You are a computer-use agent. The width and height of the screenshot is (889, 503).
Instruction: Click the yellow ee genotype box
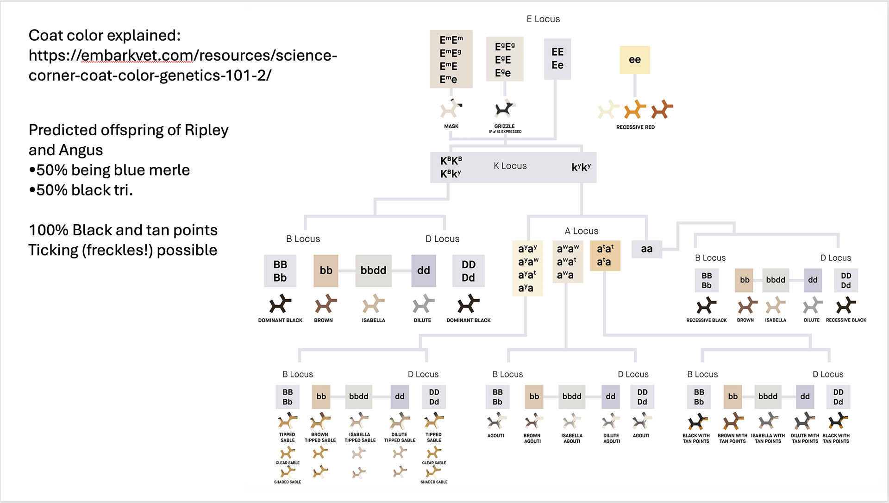pyautogui.click(x=634, y=60)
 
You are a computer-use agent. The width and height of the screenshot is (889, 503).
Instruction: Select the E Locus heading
pyautogui.click(x=543, y=19)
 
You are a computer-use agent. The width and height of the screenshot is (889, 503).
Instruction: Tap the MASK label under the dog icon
pyautogui.click(x=451, y=126)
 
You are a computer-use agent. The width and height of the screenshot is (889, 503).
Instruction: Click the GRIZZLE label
pyautogui.click(x=504, y=126)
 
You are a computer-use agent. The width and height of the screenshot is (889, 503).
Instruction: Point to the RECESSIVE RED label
pyautogui.click(x=635, y=127)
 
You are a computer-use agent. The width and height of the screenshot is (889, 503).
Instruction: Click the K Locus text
pyautogui.click(x=510, y=166)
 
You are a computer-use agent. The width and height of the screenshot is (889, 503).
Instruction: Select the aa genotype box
pyautogui.click(x=646, y=249)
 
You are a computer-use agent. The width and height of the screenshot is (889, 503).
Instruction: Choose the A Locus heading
pyautogui.click(x=581, y=231)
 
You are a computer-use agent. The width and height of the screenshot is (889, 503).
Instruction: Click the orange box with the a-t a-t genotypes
pyautogui.click(x=605, y=255)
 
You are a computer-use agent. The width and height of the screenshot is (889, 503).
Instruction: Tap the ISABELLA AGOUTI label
pyautogui.click(x=572, y=438)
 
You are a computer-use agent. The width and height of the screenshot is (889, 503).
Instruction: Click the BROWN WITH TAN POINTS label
pyautogui.click(x=732, y=438)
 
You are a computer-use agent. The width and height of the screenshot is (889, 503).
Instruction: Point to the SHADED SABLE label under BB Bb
pyautogui.click(x=288, y=482)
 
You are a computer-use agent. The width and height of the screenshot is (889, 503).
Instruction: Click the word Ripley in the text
pyautogui.click(x=207, y=130)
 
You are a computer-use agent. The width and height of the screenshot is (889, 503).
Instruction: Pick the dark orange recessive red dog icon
pyautogui.click(x=662, y=110)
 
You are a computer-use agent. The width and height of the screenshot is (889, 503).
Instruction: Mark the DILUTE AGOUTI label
pyautogui.click(x=611, y=438)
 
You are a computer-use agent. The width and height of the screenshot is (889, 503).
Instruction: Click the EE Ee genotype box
pyautogui.click(x=557, y=59)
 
